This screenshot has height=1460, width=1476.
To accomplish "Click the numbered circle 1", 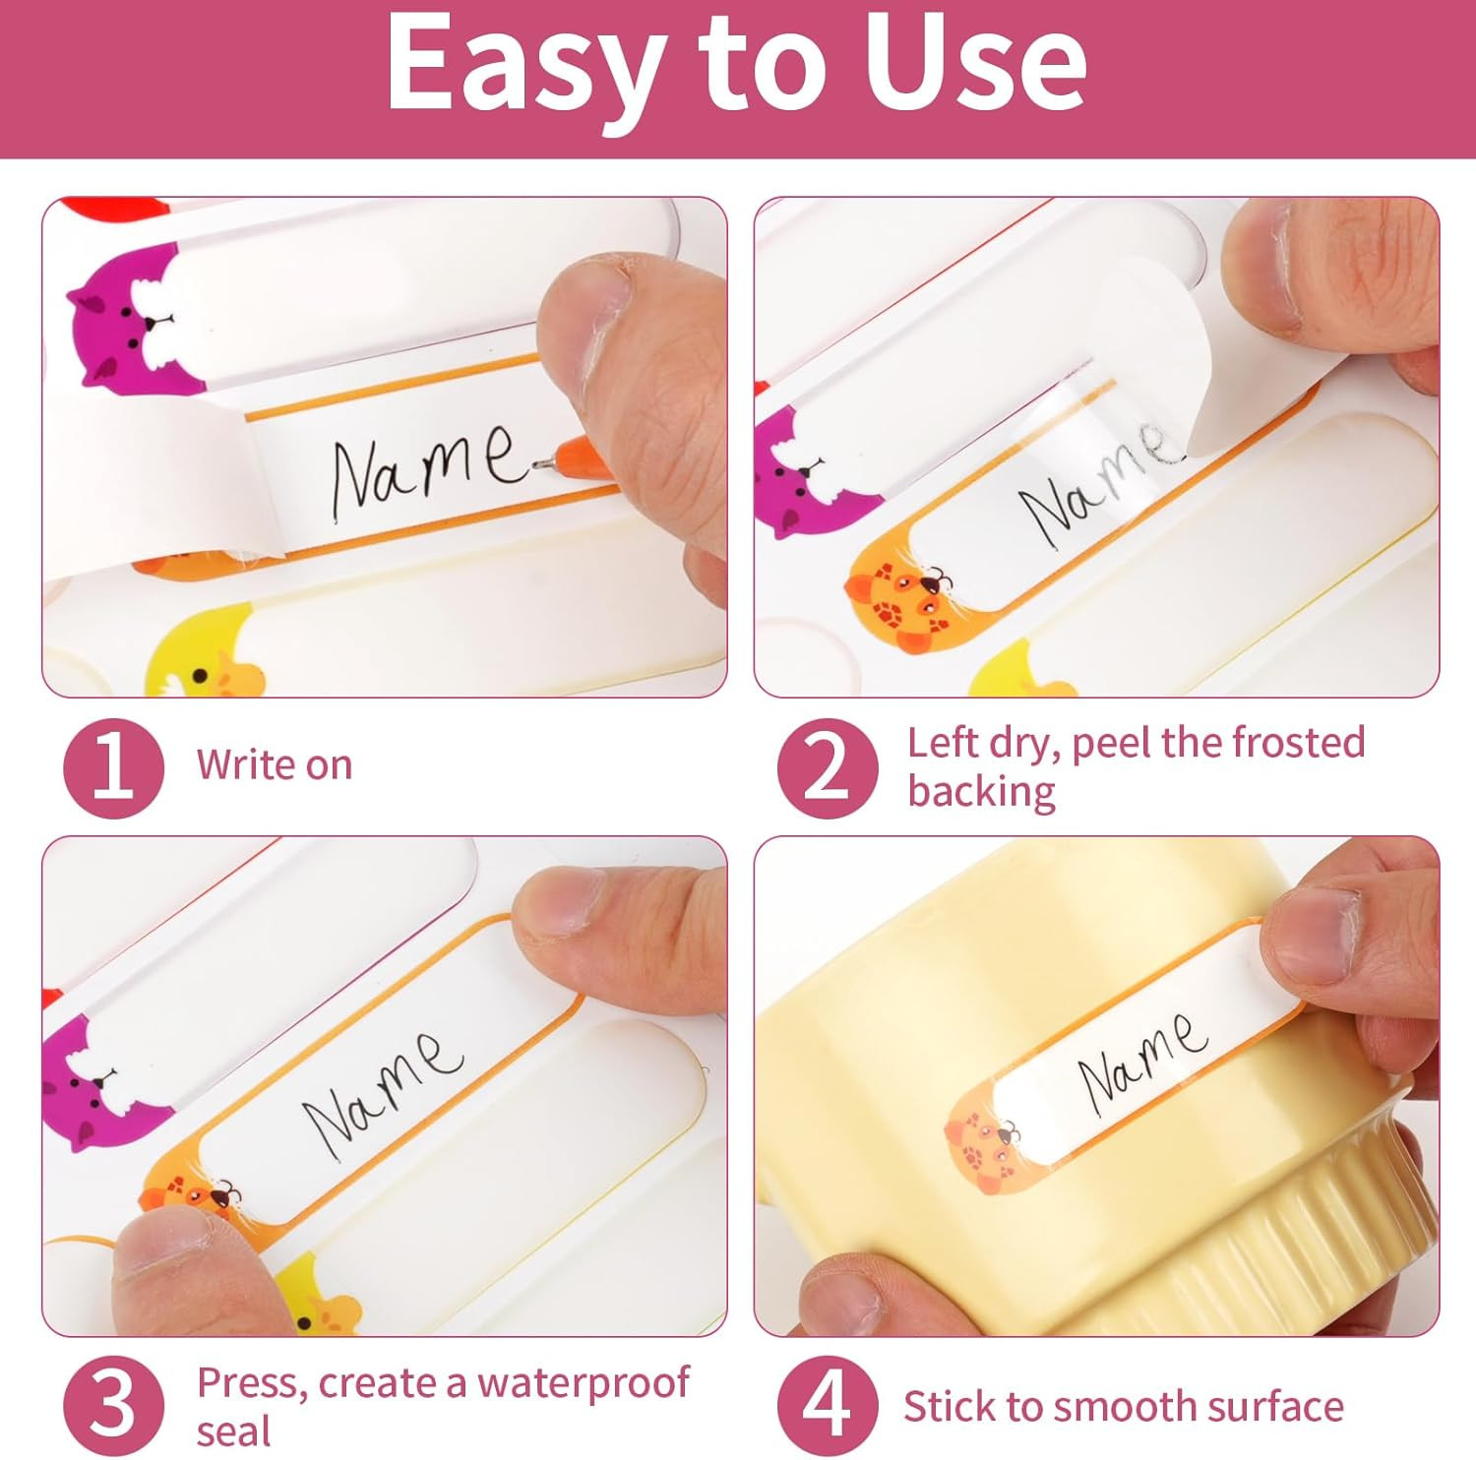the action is (112, 768).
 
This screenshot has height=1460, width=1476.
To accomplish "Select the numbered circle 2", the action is (827, 768).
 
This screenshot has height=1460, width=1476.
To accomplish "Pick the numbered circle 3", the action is (112, 1406).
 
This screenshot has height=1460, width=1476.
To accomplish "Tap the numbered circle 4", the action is (827, 1406).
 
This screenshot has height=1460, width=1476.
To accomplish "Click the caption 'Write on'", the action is (275, 765).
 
